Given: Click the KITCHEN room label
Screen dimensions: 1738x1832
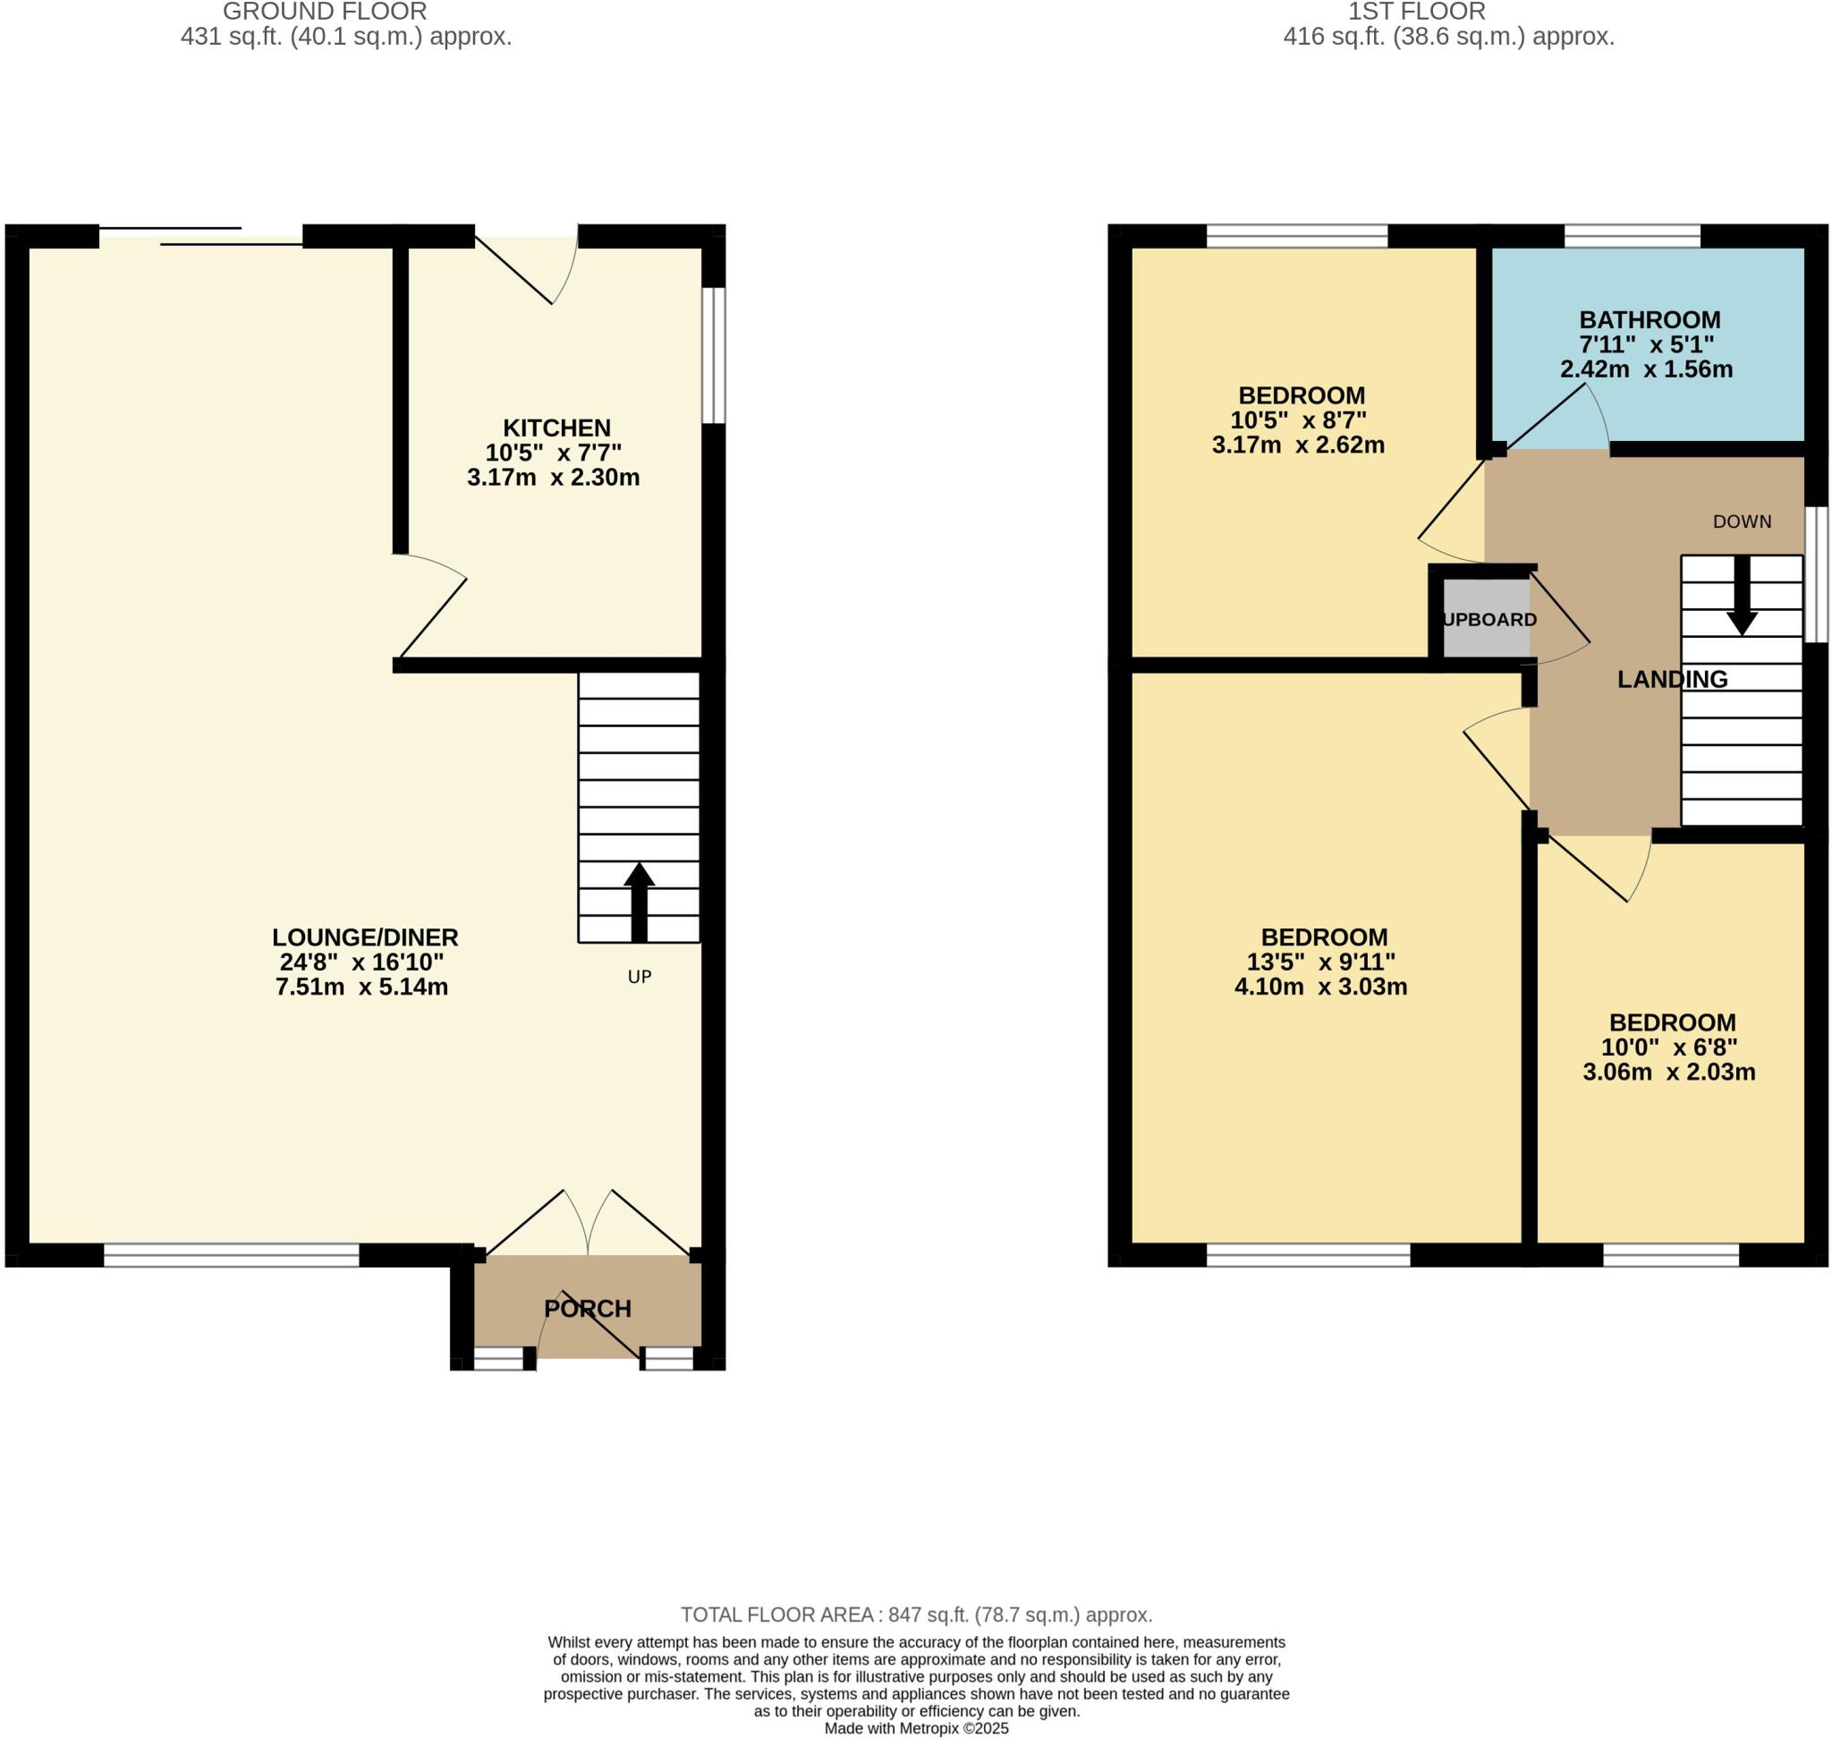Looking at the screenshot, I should (556, 428).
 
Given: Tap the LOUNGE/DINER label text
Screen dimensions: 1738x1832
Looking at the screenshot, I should (364, 937).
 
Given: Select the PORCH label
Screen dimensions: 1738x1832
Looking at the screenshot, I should (587, 1308).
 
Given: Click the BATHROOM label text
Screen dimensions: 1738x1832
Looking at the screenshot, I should (1649, 319).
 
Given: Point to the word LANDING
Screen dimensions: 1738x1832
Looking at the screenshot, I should (1672, 679).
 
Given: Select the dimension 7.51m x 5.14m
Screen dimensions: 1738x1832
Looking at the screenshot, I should (361, 987).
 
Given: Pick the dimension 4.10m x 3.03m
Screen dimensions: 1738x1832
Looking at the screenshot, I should (1319, 987).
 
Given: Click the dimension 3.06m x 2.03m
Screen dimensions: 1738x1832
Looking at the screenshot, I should (1668, 1072).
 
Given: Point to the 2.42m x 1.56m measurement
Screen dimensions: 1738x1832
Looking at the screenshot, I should (1646, 369).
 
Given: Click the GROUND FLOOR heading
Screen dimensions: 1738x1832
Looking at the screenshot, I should (325, 12).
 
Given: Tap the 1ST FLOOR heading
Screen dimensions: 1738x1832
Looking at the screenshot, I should (1416, 12).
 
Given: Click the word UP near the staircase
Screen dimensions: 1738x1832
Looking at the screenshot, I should (640, 977).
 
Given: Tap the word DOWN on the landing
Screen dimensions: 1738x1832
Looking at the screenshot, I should (1741, 521).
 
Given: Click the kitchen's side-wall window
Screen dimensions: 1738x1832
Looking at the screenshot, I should (713, 355).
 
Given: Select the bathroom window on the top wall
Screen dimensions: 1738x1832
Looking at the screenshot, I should (1631, 236).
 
